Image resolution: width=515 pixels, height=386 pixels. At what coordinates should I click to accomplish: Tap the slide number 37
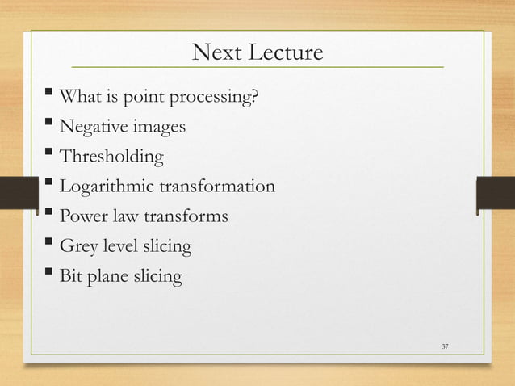445,346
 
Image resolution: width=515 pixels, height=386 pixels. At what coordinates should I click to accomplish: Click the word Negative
91,128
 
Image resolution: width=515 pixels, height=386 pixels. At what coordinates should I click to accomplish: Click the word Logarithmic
106,187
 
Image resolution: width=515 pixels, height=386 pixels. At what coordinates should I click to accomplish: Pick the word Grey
79,246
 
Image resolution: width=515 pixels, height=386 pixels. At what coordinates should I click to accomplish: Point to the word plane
109,276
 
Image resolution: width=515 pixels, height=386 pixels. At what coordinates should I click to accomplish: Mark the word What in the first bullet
79,99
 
